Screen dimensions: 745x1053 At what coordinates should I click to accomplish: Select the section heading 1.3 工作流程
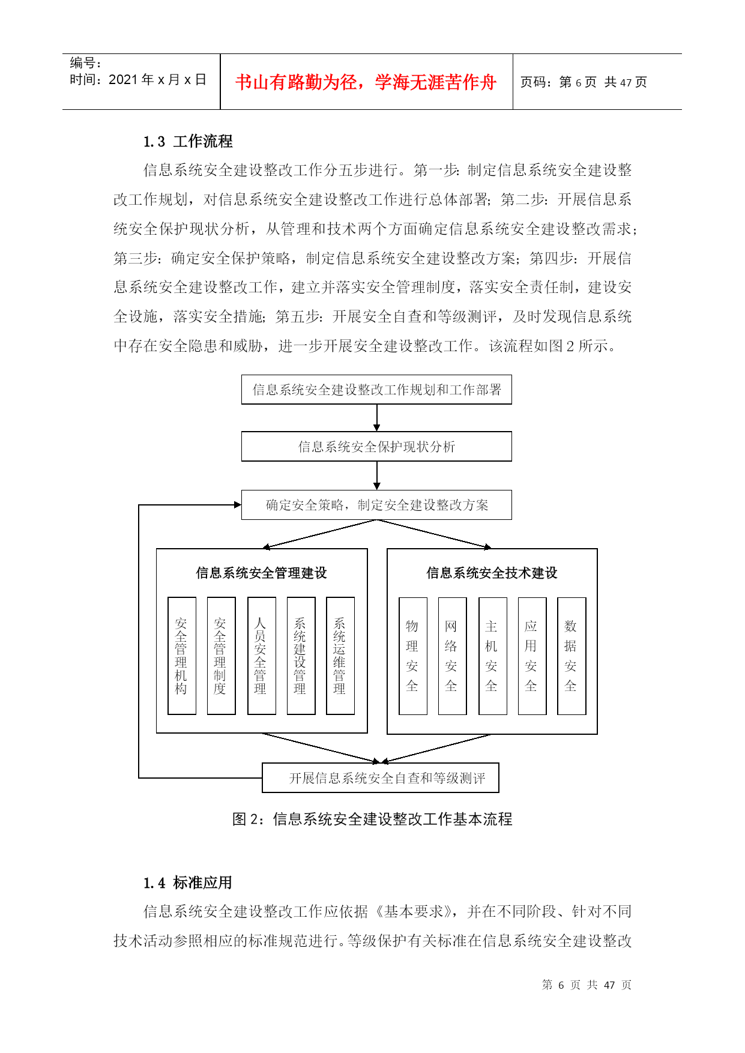(188, 142)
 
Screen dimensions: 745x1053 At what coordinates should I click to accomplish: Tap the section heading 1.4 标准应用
(188, 883)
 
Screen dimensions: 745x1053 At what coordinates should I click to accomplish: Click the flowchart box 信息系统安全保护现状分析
(376, 447)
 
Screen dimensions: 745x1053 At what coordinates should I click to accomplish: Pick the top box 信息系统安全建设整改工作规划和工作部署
(376, 390)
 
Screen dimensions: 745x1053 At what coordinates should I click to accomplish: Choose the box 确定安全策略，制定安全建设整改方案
(376, 505)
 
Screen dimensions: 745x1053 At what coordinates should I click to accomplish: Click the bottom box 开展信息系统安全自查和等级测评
(381, 778)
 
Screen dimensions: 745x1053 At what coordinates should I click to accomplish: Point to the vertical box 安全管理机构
(182, 656)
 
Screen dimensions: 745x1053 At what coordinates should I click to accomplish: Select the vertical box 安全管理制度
(221, 656)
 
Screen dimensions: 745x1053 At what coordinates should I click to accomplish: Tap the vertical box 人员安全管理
(262, 656)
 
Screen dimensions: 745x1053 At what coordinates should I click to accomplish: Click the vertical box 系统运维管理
(340, 656)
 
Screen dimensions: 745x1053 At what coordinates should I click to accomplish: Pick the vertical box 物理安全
(413, 656)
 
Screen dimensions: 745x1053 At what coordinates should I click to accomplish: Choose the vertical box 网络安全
(452, 656)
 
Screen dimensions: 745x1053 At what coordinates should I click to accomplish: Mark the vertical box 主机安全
(493, 656)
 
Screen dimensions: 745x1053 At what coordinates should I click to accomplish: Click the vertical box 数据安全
(572, 656)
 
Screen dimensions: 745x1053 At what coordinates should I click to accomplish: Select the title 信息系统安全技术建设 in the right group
(492, 573)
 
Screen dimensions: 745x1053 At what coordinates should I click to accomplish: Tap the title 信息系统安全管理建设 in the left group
(261, 573)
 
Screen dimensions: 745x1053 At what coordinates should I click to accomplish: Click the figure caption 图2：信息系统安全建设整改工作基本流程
(372, 819)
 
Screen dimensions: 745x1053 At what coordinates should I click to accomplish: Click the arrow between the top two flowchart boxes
(377, 418)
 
